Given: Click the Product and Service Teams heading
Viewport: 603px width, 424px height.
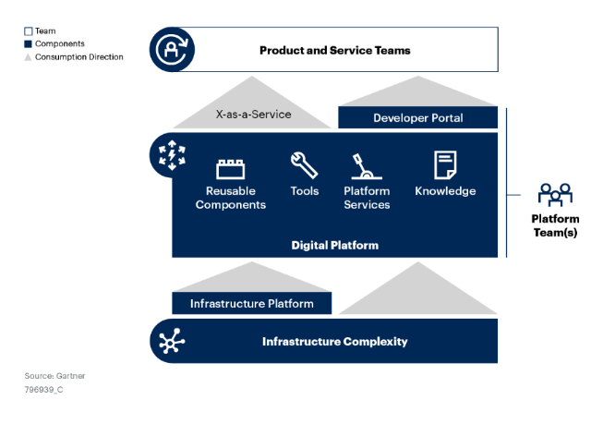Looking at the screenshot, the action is [x=335, y=51].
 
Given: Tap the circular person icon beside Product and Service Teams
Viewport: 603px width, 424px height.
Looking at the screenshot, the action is [x=172, y=49].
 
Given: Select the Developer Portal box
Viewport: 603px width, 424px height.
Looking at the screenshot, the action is [x=417, y=117].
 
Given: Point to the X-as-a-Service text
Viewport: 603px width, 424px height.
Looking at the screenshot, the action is [x=253, y=115].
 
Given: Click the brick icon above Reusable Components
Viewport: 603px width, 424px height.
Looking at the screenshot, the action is [x=230, y=169].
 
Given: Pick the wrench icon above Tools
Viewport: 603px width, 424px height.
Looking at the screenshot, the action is [x=304, y=165].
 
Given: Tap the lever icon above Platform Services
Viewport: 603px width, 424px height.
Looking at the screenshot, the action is [x=366, y=166].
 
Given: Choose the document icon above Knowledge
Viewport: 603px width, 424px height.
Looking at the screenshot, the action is [x=445, y=165].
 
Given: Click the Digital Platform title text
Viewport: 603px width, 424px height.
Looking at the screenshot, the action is [x=335, y=245].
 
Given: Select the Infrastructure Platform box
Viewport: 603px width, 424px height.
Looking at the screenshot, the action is [x=251, y=303].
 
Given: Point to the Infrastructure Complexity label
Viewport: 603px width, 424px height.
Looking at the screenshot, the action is [x=335, y=341].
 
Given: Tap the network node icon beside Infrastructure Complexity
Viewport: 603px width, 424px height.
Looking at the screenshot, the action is [x=172, y=341].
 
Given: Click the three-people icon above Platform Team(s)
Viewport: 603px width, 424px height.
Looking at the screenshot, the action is [x=555, y=195].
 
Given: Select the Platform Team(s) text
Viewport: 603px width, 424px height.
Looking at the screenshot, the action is [x=555, y=225].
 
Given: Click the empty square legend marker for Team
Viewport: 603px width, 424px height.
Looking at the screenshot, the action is [x=28, y=31].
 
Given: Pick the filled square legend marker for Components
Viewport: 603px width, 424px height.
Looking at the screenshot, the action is [x=28, y=43].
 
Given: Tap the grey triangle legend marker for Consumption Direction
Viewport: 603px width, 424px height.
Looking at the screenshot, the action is [x=28, y=57].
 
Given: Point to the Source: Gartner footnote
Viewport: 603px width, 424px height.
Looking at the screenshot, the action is [x=54, y=376].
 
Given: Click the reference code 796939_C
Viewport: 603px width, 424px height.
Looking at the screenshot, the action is [x=43, y=390].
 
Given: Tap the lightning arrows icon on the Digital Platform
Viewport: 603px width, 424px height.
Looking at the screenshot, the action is [x=172, y=155].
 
